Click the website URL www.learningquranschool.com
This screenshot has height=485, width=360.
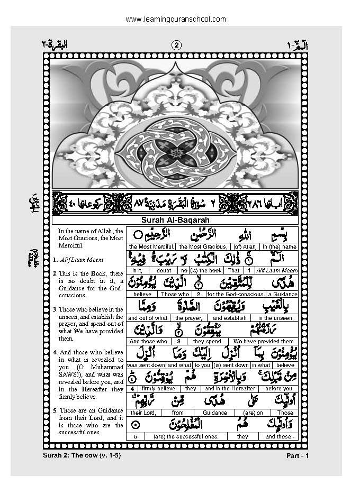(176, 19)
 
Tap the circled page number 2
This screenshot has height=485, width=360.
(176, 45)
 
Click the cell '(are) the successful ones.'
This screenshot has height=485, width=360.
(186, 436)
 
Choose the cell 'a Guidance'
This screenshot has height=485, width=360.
(282, 294)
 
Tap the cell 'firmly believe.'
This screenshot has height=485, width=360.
(161, 389)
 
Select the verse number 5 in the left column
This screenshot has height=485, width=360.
(55, 410)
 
